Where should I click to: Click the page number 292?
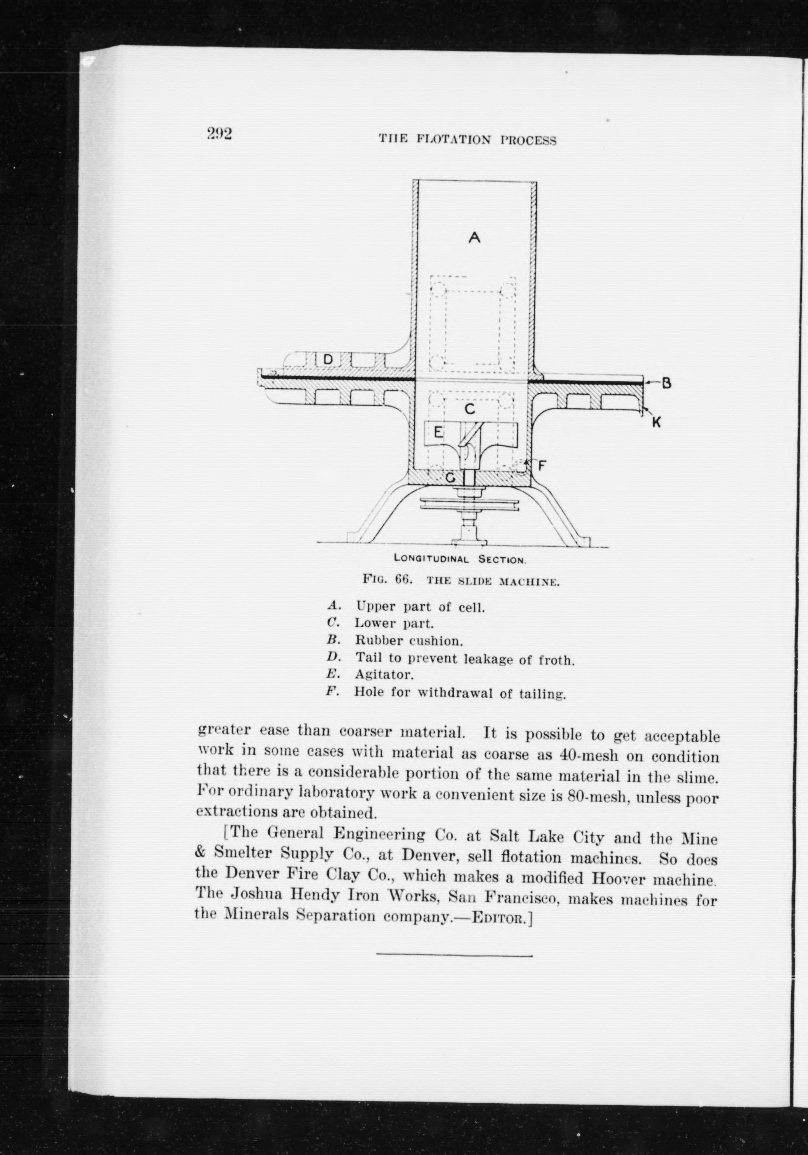coord(219,134)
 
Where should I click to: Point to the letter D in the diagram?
coord(328,359)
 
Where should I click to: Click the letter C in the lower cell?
coord(469,409)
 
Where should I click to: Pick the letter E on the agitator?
coord(438,432)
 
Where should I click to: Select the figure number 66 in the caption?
coord(403,579)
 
